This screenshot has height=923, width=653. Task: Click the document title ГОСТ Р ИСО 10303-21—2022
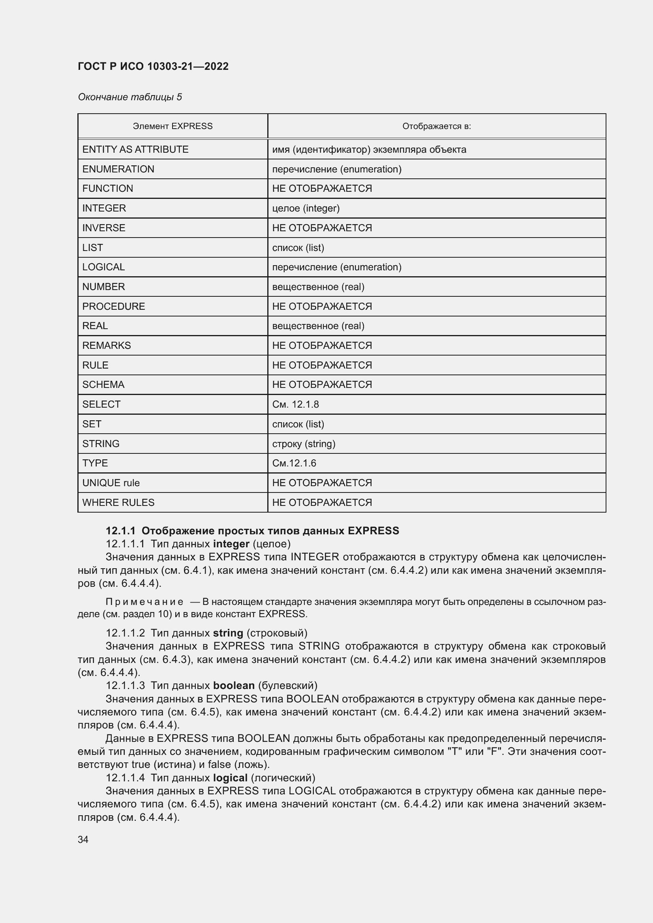pos(153,66)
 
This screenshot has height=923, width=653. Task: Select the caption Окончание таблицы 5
pos(129,97)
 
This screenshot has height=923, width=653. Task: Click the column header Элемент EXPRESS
pos(173,126)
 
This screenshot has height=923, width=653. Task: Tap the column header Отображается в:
pos(436,126)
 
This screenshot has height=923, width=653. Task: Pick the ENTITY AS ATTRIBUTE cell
pos(135,150)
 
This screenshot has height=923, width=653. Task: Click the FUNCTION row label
pos(107,189)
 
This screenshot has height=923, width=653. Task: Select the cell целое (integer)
pos(306,208)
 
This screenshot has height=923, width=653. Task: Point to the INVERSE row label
pos(104,228)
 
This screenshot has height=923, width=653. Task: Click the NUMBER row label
pos(103,286)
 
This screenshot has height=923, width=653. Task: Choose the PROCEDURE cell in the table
pos(113,306)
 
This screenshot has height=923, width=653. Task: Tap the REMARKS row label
pos(107,345)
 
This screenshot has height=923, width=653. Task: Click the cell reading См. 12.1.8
pos(295,404)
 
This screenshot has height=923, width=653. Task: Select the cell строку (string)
pos(304,444)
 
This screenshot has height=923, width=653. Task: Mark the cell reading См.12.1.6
pos(294,463)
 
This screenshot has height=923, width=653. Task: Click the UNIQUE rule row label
pos(111,483)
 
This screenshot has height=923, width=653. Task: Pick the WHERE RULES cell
pos(118,502)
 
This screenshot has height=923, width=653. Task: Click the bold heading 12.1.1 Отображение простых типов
pos(252,531)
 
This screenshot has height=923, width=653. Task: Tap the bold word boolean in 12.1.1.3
pos(234,685)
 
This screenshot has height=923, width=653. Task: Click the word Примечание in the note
pos(144,602)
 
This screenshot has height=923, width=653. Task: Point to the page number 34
pos(83,839)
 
